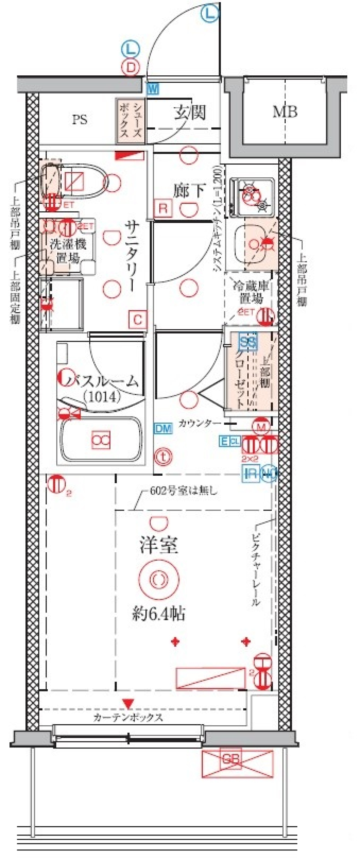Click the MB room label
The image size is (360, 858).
pyautogui.click(x=285, y=112)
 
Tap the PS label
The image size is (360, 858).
pyautogui.click(x=79, y=120)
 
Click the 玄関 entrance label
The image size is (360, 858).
pyautogui.click(x=190, y=112)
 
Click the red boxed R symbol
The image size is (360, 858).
pyautogui.click(x=163, y=208)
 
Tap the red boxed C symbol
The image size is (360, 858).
pyautogui.click(x=138, y=320)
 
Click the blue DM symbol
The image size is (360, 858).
pyautogui.click(x=163, y=428)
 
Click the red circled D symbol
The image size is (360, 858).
pyautogui.click(x=130, y=68)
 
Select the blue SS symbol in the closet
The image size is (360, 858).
pyautogui.click(x=248, y=341)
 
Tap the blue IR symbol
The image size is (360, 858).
pyautogui.click(x=250, y=473)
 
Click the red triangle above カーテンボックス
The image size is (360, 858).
pyautogui.click(x=129, y=703)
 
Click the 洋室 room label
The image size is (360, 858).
pyautogui.click(x=159, y=545)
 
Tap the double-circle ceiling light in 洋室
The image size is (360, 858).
pyautogui.click(x=159, y=579)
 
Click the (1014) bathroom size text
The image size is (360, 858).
pyautogui.click(x=102, y=396)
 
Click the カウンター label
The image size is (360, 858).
pyautogui.click(x=199, y=423)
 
